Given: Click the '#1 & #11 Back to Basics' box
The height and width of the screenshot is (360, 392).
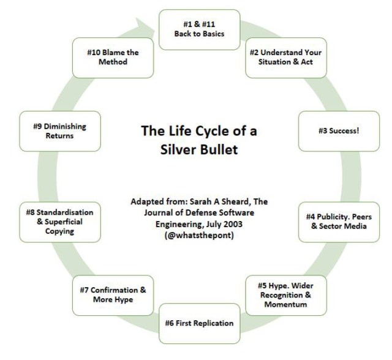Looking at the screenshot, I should tap(198, 29).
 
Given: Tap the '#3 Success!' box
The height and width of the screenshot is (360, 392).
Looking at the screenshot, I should tap(330, 130).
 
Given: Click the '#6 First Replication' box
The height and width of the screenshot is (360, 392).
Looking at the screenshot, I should tap(198, 323).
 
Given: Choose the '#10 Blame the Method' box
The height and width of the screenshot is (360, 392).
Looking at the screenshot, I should tap(113, 57).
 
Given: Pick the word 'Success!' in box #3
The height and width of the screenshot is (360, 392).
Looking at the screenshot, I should tap(334, 130).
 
